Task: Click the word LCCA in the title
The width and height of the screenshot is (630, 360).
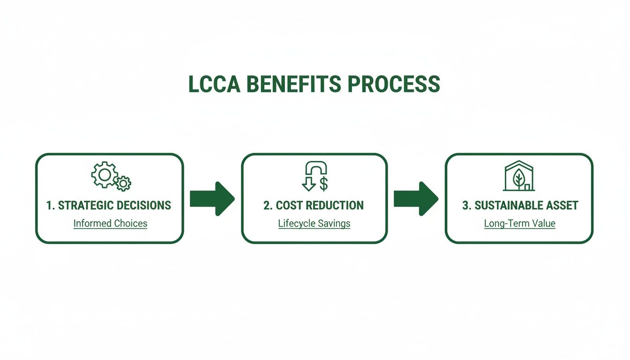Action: pos(214,84)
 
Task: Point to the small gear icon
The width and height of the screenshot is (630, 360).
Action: pos(123,183)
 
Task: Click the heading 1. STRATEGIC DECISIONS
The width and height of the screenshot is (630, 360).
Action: pos(109,205)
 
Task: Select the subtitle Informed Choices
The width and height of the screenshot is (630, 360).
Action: pos(110,224)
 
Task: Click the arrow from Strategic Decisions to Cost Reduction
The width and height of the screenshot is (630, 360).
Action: pos(212,199)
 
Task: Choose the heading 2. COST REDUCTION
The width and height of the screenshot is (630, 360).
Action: pos(313,205)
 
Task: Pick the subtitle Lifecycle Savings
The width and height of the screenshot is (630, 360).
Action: pos(314,224)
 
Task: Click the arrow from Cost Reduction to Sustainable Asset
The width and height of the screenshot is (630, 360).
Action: pos(415,199)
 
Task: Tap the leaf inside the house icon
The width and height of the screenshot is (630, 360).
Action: pos(519,179)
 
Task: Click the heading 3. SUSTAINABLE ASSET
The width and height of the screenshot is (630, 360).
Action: pos(520,205)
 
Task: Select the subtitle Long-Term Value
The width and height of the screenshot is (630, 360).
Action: pos(519,224)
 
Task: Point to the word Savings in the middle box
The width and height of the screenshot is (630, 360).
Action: pos(335,224)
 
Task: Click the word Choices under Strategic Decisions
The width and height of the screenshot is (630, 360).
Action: pos(130,224)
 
